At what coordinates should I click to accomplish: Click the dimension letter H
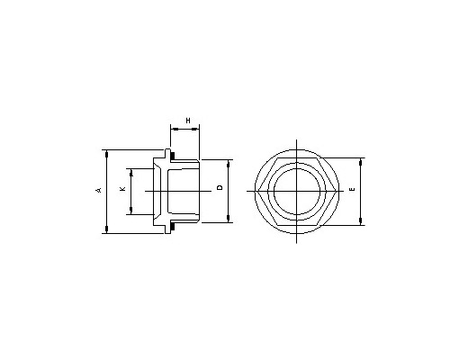click(x=188, y=121)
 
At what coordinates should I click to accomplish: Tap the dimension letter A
click(x=99, y=190)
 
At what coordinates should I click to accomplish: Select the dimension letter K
click(x=122, y=189)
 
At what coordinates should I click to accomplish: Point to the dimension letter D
click(x=220, y=187)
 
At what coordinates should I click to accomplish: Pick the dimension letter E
click(x=353, y=189)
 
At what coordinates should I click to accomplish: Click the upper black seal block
click(x=173, y=157)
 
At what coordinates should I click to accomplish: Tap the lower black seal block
click(x=173, y=226)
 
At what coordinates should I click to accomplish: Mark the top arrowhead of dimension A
click(x=106, y=154)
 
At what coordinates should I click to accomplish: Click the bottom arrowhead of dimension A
click(x=106, y=229)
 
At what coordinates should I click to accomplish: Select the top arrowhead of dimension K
click(x=130, y=173)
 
